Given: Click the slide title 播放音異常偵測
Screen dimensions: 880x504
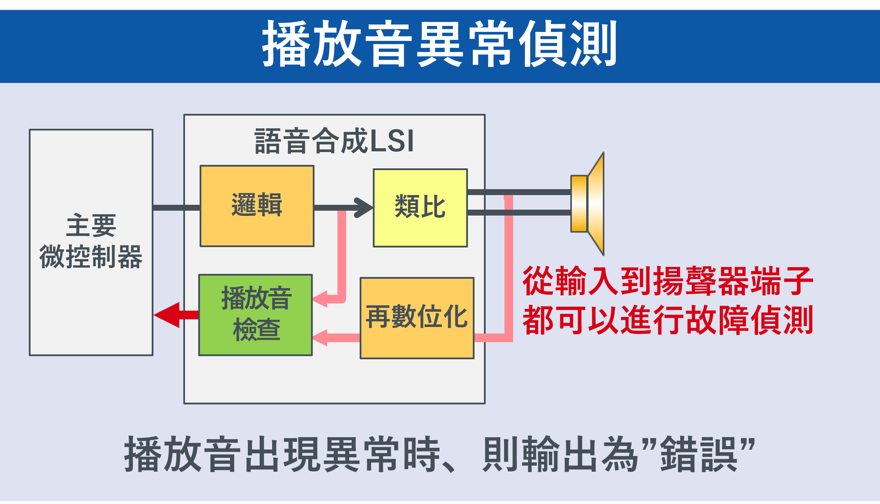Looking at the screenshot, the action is [439, 43].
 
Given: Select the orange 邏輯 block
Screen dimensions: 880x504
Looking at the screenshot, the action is [257, 206].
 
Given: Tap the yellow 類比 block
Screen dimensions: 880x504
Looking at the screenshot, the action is [420, 208].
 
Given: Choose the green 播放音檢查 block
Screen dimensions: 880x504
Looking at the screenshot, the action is [255, 315].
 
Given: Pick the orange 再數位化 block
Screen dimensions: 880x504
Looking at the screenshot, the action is [417, 318].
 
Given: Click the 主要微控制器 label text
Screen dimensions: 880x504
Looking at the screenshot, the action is [91, 241].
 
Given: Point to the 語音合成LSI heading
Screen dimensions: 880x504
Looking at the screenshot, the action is [334, 141].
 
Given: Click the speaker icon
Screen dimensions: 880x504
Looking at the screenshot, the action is [588, 204].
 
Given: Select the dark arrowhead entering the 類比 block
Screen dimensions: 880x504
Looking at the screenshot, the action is [363, 208].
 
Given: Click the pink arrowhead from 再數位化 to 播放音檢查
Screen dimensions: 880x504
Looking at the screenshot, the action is [320, 338].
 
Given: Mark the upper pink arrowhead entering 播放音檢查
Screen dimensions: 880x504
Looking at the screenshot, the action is [320, 299].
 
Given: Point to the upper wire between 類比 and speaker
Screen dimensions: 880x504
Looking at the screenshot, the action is [519, 192].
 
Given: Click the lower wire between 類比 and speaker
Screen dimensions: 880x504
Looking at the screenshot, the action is [519, 212].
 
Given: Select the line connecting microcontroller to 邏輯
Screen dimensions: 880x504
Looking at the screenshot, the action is [176, 208].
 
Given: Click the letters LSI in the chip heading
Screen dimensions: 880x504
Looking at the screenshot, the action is [392, 141].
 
